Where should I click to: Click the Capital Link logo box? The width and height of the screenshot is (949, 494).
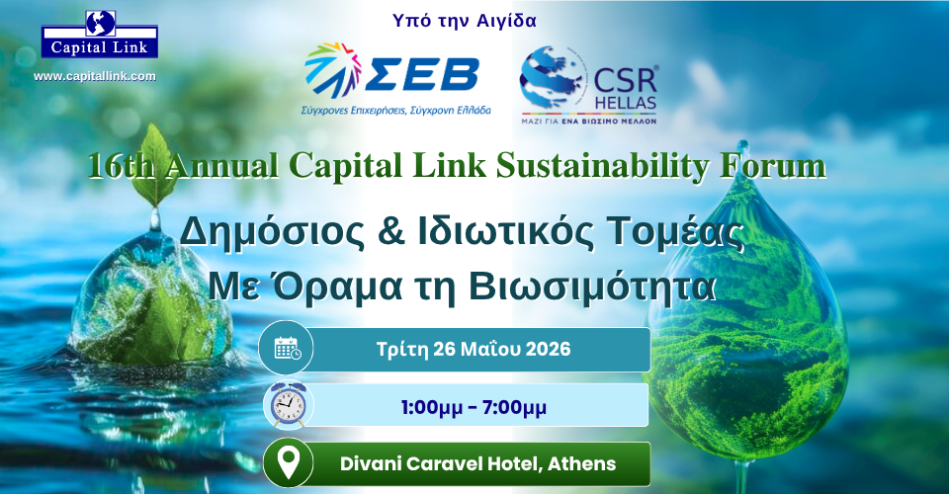coord(100,35)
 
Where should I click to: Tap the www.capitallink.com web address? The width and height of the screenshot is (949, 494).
coord(95,76)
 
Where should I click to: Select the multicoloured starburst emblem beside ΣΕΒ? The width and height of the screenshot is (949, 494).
coord(333,69)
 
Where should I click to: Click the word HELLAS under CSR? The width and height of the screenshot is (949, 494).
coord(625,104)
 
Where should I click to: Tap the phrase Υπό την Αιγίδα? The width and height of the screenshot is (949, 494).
coord(465,21)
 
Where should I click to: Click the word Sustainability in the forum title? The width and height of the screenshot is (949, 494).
coord(602,166)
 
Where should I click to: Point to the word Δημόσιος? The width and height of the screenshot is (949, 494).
coord(273,233)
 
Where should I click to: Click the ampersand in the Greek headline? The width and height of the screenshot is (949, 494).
coord(391,232)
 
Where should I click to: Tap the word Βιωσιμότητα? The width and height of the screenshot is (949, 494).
coord(592,287)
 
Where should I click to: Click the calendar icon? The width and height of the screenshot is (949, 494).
coord(287,348)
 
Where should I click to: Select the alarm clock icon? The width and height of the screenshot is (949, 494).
coord(288,404)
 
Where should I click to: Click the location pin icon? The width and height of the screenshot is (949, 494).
coord(288,463)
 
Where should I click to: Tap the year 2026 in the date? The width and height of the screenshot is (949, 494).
coord(548,349)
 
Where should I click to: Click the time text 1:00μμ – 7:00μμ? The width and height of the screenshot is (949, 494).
coord(474,407)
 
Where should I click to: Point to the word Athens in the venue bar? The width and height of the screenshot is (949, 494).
coord(581,463)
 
